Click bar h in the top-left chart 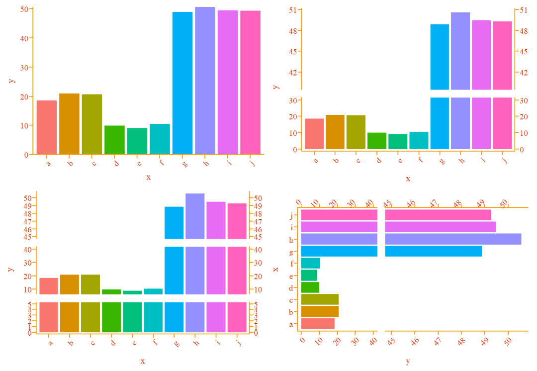pyautogui.click(x=205, y=80)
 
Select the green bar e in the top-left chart pyautogui.click(x=137, y=141)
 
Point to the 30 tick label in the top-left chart pyautogui.click(x=24, y=67)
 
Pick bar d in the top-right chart pyautogui.click(x=377, y=141)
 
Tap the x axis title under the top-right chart pyautogui.click(x=408, y=179)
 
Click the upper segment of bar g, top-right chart pyautogui.click(x=440, y=57)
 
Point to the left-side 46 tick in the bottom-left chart pyautogui.click(x=28, y=229)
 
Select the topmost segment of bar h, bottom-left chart pyautogui.click(x=195, y=216)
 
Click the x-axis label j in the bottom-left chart pyautogui.click(x=239, y=342)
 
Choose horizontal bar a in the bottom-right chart pyautogui.click(x=318, y=324)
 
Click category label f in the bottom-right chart pyautogui.click(x=291, y=264)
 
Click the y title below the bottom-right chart pyautogui.click(x=408, y=361)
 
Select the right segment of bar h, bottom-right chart pyautogui.click(x=453, y=239)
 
